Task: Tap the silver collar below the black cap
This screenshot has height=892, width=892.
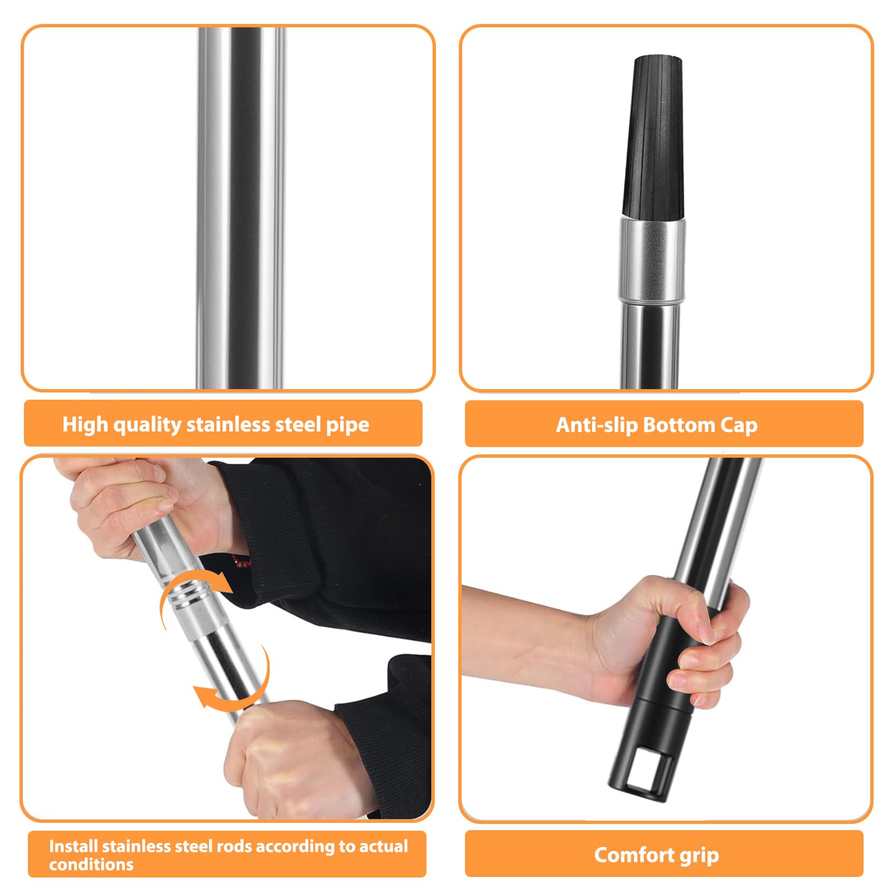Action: pos(652,260)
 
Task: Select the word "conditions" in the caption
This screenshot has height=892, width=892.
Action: pos(91,864)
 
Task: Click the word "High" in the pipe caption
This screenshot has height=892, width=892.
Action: pos(85,424)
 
